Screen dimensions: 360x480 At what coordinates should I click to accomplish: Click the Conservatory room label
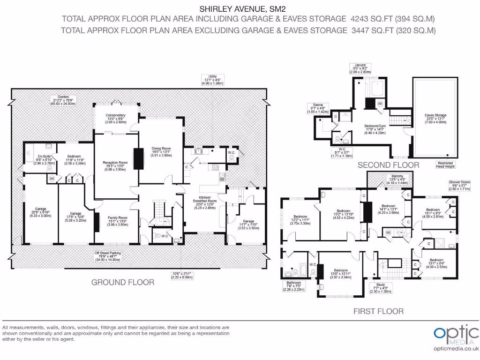[115, 115]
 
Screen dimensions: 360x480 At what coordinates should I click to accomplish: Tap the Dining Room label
[161, 149]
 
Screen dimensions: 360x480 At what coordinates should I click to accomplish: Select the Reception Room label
[115, 163]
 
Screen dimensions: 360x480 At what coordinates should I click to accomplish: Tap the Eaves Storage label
[435, 115]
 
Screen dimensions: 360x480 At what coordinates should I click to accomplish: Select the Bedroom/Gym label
[378, 126]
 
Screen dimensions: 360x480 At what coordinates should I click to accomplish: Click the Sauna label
[314, 105]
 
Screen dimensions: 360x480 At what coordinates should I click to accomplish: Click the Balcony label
[390, 176]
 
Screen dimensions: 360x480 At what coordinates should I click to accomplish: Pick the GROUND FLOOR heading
[122, 282]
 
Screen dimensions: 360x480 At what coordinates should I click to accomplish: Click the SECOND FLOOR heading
[389, 165]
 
